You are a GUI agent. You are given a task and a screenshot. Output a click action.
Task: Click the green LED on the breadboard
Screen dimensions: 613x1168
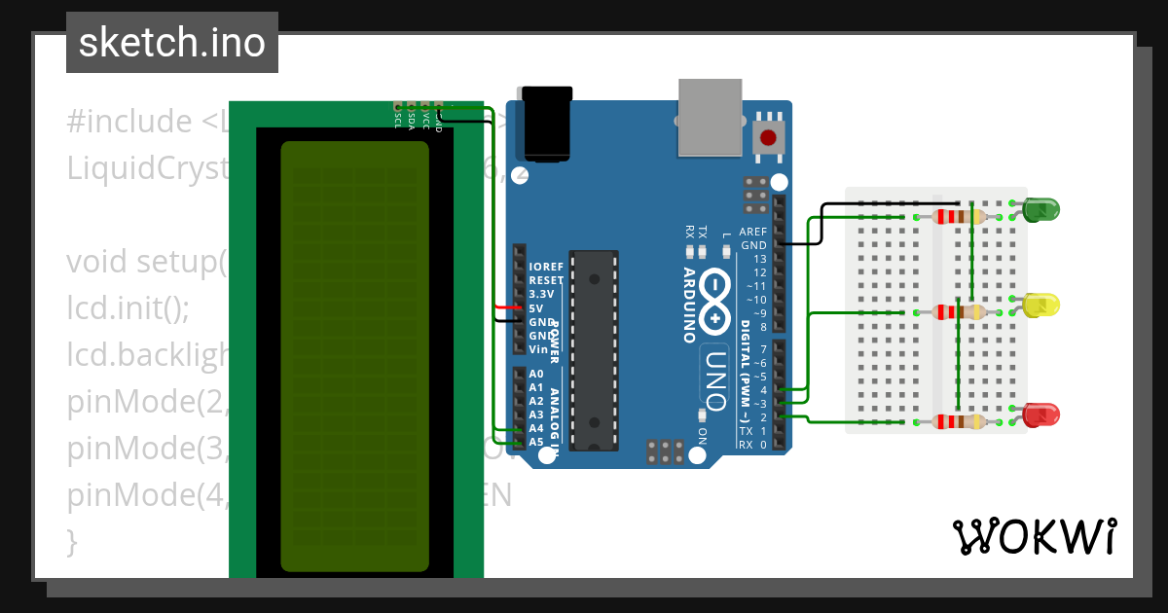pyautogui.click(x=1040, y=208)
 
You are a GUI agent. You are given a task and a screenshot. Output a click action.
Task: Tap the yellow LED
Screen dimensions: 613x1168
pyautogui.click(x=1040, y=306)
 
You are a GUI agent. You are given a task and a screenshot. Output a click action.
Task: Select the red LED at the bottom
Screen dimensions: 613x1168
pyautogui.click(x=1040, y=415)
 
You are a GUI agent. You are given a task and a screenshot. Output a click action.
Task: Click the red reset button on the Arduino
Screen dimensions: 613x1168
pyautogui.click(x=769, y=137)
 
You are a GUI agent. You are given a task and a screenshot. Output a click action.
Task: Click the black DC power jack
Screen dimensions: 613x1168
pyautogui.click(x=551, y=124)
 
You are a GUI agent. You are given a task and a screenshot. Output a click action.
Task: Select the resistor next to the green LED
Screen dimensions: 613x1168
pyautogui.click(x=960, y=217)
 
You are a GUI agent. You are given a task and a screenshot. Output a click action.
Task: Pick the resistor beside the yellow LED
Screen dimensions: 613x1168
pyautogui.click(x=960, y=312)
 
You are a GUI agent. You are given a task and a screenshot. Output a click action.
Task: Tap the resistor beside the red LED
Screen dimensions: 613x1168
pyautogui.click(x=960, y=421)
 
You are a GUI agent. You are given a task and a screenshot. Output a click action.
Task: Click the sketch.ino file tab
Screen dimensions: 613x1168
pyautogui.click(x=172, y=43)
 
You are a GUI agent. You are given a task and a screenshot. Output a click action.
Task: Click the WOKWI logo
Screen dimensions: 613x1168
pyautogui.click(x=1034, y=536)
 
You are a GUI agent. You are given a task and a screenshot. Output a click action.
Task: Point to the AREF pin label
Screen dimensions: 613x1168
pyautogui.click(x=752, y=232)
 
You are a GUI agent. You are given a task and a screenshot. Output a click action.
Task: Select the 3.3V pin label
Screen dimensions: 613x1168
pyautogui.click(x=541, y=294)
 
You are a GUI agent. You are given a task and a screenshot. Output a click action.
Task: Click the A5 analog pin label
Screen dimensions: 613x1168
pyautogui.click(x=536, y=442)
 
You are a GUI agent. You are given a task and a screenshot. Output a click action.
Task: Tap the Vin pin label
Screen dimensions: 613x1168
pyautogui.click(x=538, y=348)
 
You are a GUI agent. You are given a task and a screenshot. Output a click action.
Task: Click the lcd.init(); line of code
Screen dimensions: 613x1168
pyautogui.click(x=128, y=308)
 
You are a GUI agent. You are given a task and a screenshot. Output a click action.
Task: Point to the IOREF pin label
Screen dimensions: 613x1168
pyautogui.click(x=545, y=267)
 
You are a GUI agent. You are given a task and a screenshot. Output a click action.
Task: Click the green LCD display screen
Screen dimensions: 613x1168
pyautogui.click(x=354, y=356)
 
